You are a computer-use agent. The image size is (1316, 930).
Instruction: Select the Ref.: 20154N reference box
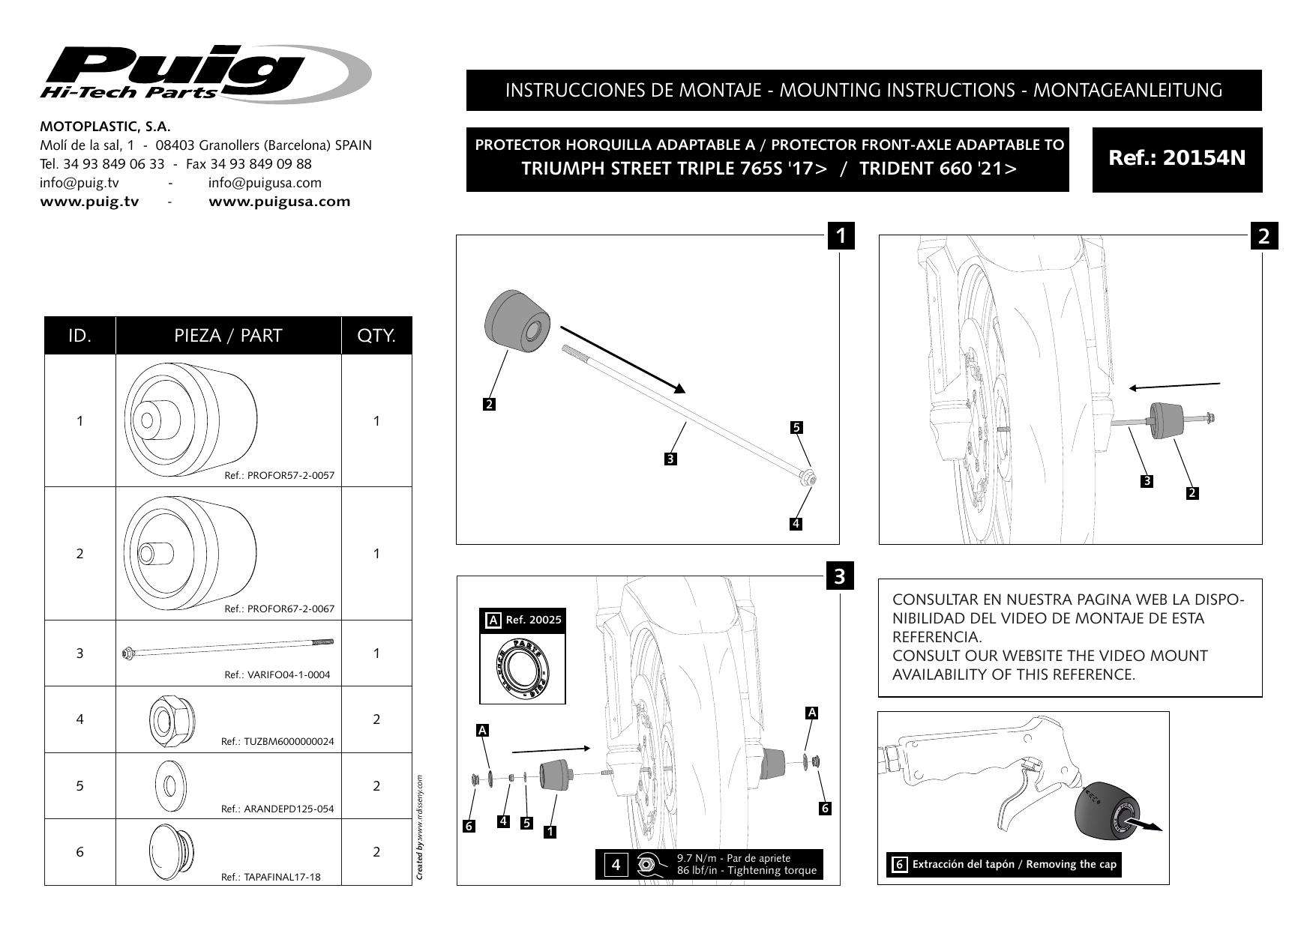pyautogui.click(x=1177, y=159)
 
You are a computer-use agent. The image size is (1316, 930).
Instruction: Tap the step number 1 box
pyautogui.click(x=841, y=235)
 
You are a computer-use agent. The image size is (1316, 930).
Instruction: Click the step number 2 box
pyautogui.click(x=1264, y=236)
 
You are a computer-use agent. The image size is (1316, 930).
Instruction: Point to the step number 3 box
pyautogui.click(x=839, y=576)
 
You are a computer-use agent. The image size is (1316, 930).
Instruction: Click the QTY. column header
pyautogui.click(x=376, y=335)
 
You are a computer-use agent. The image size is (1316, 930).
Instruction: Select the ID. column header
pyautogui.click(x=79, y=335)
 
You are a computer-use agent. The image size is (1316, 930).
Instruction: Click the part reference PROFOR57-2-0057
pyautogui.click(x=279, y=476)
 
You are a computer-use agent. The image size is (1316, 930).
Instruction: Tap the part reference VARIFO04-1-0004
pyautogui.click(x=277, y=674)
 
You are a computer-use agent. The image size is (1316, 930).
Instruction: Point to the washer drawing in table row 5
pyautogui.click(x=168, y=785)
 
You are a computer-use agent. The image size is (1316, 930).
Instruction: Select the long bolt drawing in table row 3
pyautogui.click(x=228, y=647)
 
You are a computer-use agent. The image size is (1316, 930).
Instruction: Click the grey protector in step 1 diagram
pyautogui.click(x=518, y=321)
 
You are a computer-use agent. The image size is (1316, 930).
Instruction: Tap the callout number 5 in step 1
pyautogui.click(x=796, y=428)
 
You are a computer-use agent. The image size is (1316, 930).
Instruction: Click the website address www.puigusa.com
pyautogui.click(x=279, y=202)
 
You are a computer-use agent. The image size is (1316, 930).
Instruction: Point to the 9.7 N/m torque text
pyautogui.click(x=733, y=859)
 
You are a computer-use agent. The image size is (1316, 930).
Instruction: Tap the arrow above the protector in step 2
pyautogui.click(x=1174, y=386)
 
